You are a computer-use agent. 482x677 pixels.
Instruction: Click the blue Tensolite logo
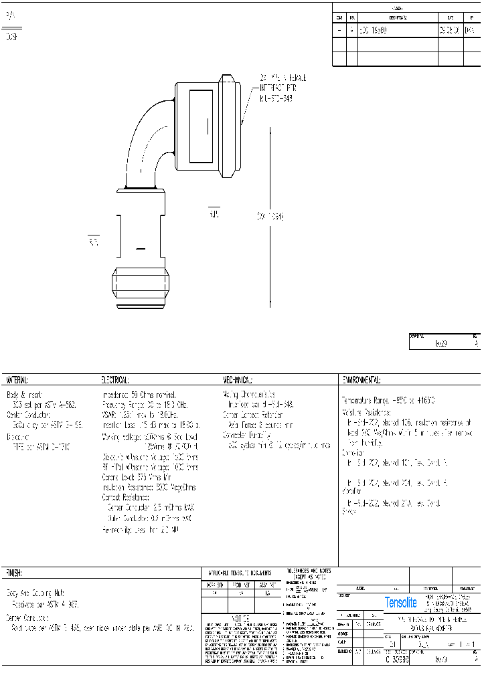(400, 603)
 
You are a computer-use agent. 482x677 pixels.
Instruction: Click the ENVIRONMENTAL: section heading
(361, 380)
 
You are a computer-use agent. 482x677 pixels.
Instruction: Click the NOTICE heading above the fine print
(240, 619)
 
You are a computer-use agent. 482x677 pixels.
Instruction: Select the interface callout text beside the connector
(277, 88)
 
